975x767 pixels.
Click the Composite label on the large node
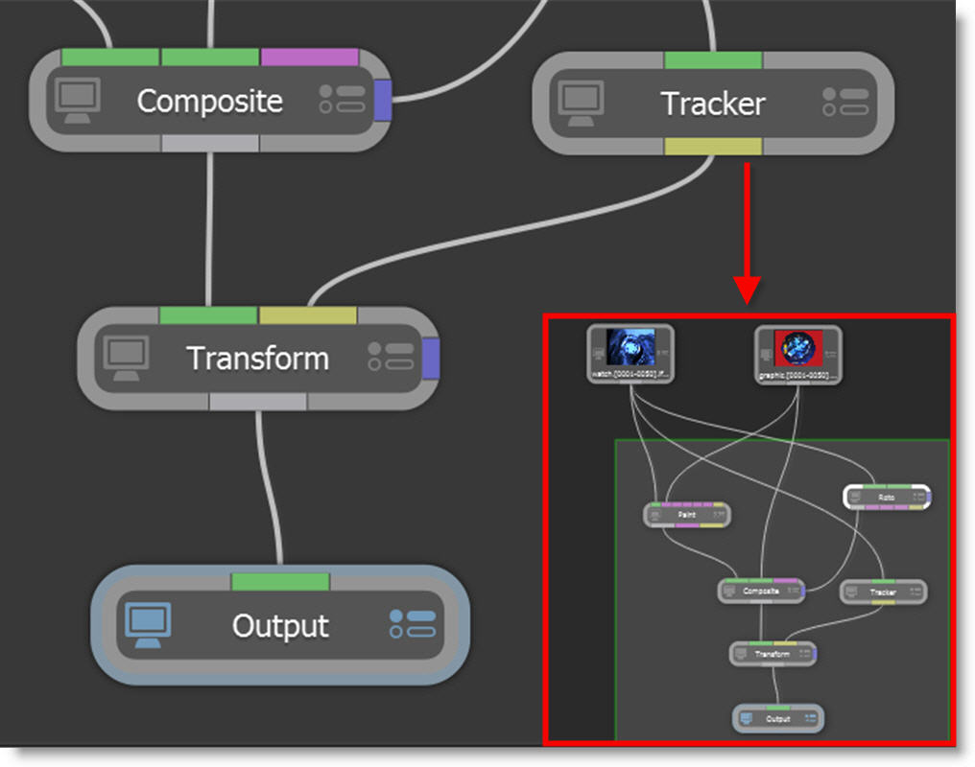[x=209, y=101]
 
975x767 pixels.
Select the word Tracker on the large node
[x=713, y=104]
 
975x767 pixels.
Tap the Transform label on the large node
[x=257, y=358]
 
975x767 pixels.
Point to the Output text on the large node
[x=280, y=626]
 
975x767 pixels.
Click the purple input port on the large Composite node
[x=309, y=58]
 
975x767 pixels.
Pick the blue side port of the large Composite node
[x=382, y=100]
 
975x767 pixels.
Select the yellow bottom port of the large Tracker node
[x=713, y=146]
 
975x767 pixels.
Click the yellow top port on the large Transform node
[x=307, y=315]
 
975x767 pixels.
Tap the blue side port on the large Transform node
[x=431, y=357]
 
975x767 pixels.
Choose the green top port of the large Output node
[x=280, y=581]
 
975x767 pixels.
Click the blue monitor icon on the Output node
[x=148, y=625]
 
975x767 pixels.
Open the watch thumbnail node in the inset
[x=630, y=353]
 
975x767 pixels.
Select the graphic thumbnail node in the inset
[x=797, y=354]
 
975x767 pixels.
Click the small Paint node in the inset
[x=686, y=515]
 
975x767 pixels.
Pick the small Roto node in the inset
[x=887, y=497]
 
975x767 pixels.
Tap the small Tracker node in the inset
[x=883, y=592]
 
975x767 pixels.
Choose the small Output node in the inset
[x=778, y=718]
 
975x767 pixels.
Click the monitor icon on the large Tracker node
[x=582, y=102]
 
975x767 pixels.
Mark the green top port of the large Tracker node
[x=713, y=60]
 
